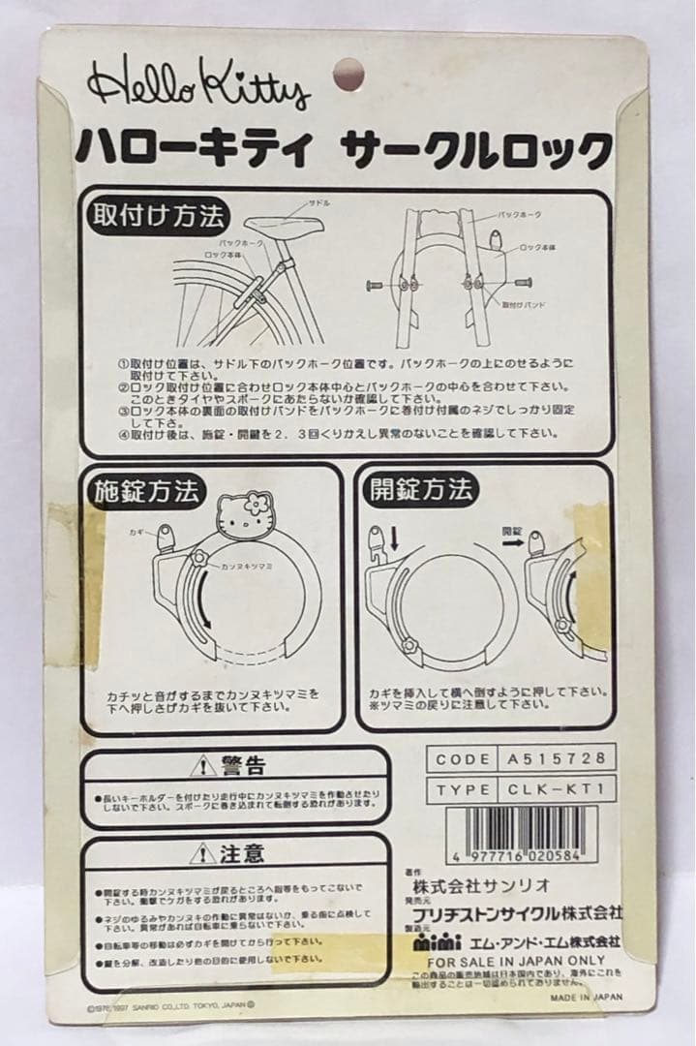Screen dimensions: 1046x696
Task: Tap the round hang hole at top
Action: click(348, 75)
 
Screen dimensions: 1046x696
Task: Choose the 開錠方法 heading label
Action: click(421, 490)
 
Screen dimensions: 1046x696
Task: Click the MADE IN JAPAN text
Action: click(587, 995)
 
